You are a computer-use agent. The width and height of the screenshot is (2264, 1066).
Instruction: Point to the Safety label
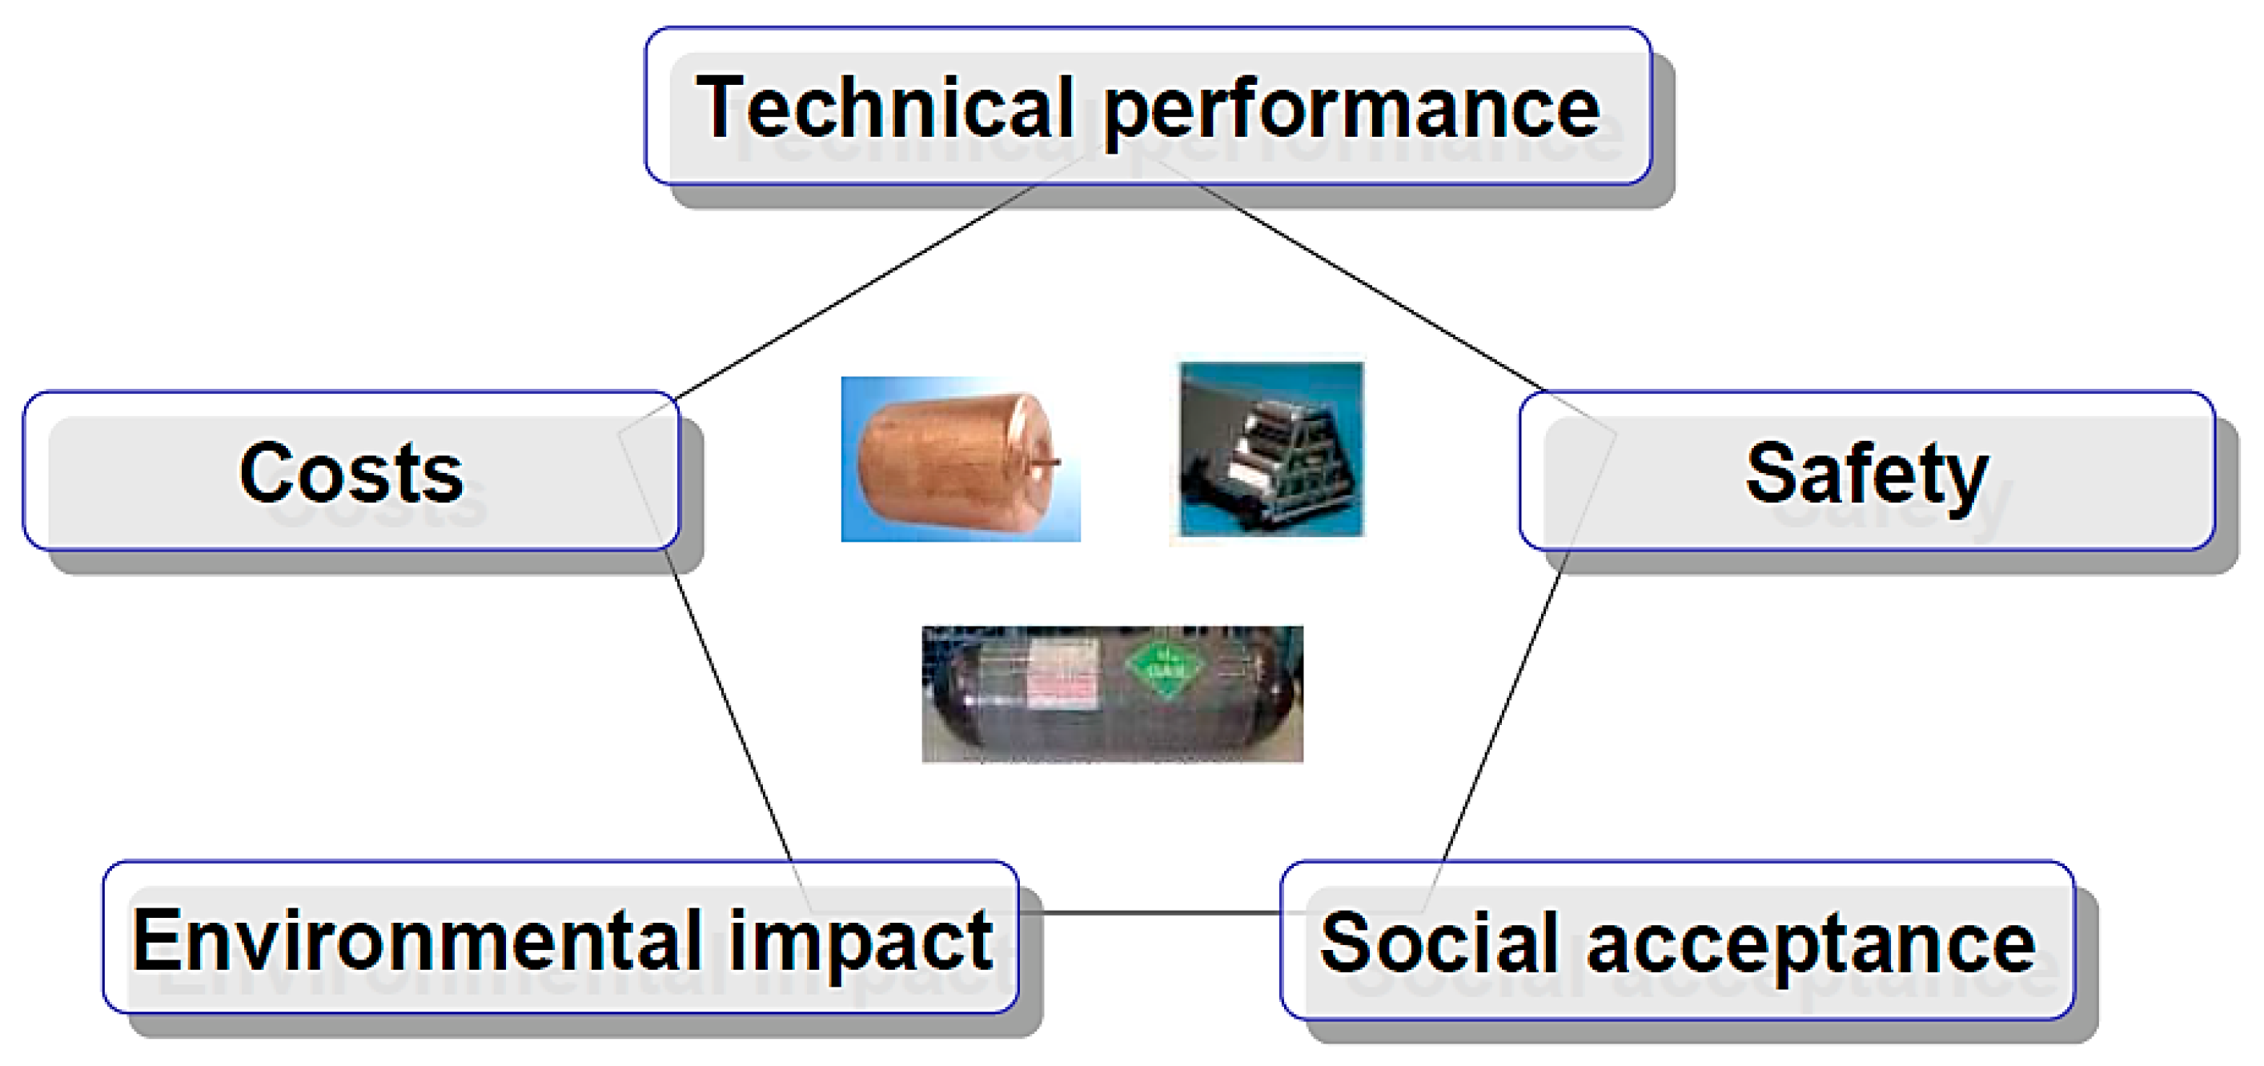[x=1867, y=476]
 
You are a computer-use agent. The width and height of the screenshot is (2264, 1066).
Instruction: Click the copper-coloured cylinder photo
[x=961, y=459]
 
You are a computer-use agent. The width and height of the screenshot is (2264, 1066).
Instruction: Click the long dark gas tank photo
[x=1112, y=695]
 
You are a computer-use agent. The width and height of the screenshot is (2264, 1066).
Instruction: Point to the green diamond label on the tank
[x=1166, y=670]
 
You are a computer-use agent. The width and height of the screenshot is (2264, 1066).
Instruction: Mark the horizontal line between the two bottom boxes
[x=1150, y=913]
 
